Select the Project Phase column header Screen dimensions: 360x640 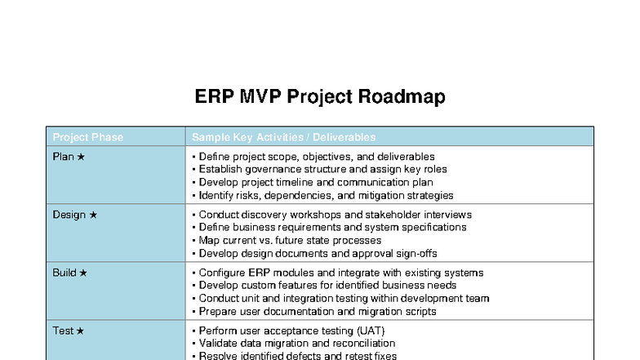coord(87,137)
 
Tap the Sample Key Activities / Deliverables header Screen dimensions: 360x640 coord(283,137)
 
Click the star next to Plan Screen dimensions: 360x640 coord(81,156)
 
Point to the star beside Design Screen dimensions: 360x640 coord(93,215)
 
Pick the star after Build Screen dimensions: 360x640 coord(83,273)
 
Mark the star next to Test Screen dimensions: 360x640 coord(80,331)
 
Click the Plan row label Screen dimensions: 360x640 coord(64,156)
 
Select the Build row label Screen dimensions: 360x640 coord(65,273)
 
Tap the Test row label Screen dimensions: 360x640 coord(63,331)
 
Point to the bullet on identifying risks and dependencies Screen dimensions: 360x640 coord(325,195)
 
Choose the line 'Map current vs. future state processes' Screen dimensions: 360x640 coord(289,241)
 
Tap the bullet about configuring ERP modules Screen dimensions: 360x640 coord(340,273)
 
